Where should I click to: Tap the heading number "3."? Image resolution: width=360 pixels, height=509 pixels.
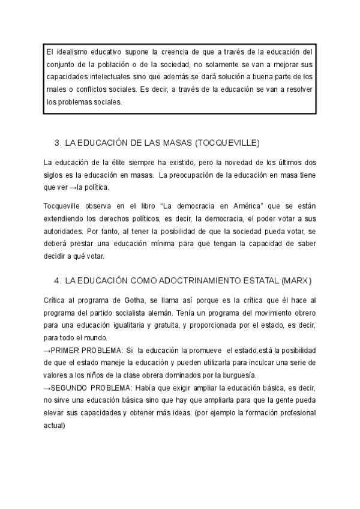58,143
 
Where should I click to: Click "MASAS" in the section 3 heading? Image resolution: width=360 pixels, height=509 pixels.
175,143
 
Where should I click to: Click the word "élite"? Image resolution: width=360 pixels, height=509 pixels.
122,163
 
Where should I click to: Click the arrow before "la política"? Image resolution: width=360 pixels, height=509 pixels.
73,188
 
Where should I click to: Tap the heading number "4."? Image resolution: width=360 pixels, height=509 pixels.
58,281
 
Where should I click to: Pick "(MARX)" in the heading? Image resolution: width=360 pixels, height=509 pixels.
295,281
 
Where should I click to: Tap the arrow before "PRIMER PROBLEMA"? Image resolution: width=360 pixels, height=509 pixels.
47,350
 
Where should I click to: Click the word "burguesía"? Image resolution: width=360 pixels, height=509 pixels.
235,375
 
